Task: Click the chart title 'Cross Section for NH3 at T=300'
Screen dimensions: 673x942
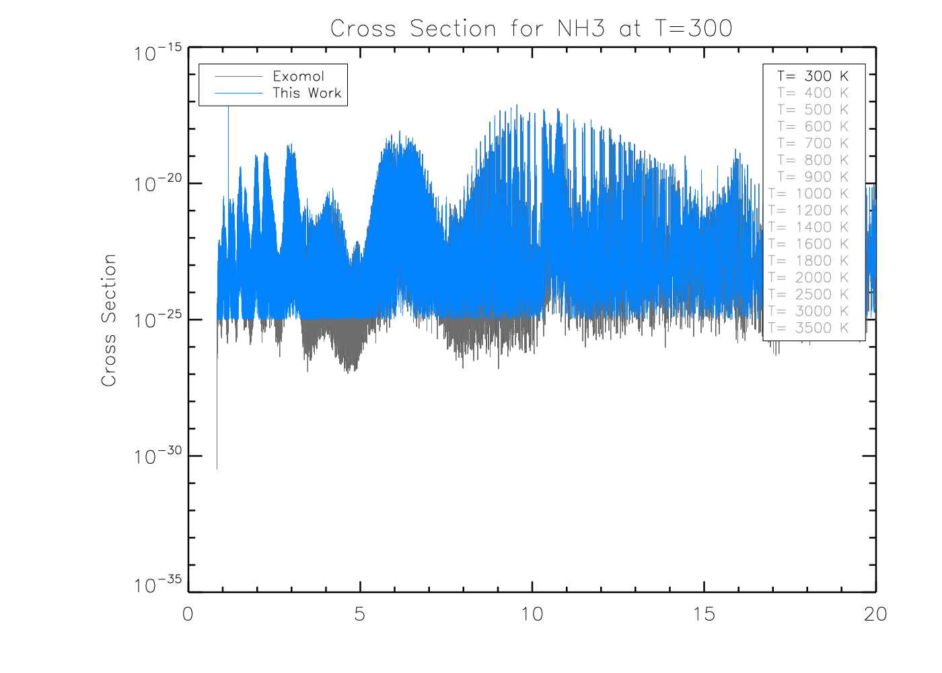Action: (x=531, y=28)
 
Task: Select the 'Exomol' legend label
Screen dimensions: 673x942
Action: (x=298, y=76)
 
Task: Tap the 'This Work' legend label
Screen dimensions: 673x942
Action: (x=307, y=93)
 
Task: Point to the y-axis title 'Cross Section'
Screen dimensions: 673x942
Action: (x=108, y=320)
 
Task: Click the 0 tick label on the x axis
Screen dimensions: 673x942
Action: (x=188, y=614)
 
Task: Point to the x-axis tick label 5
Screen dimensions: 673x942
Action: (x=360, y=614)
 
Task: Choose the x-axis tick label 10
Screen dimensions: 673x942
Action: (x=532, y=614)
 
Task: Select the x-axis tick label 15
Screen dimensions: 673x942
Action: (x=704, y=614)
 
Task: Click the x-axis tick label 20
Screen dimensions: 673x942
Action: (x=875, y=614)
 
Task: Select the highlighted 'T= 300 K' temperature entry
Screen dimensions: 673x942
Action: (x=813, y=76)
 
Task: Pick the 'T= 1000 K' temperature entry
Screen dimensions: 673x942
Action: (x=809, y=194)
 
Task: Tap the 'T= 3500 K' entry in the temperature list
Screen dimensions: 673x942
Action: (x=809, y=328)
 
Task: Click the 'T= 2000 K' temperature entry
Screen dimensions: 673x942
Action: (x=809, y=278)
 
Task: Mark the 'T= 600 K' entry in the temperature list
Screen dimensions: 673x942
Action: (x=813, y=127)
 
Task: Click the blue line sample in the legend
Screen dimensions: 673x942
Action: (x=238, y=93)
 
